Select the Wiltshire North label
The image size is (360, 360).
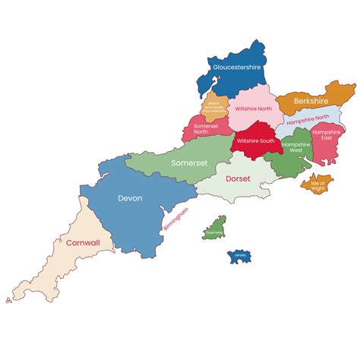tap(254, 109)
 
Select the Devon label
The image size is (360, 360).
tap(129, 198)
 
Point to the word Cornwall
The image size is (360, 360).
tap(83, 243)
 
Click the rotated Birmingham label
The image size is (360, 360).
tap(175, 220)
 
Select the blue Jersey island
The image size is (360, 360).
tap(240, 256)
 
